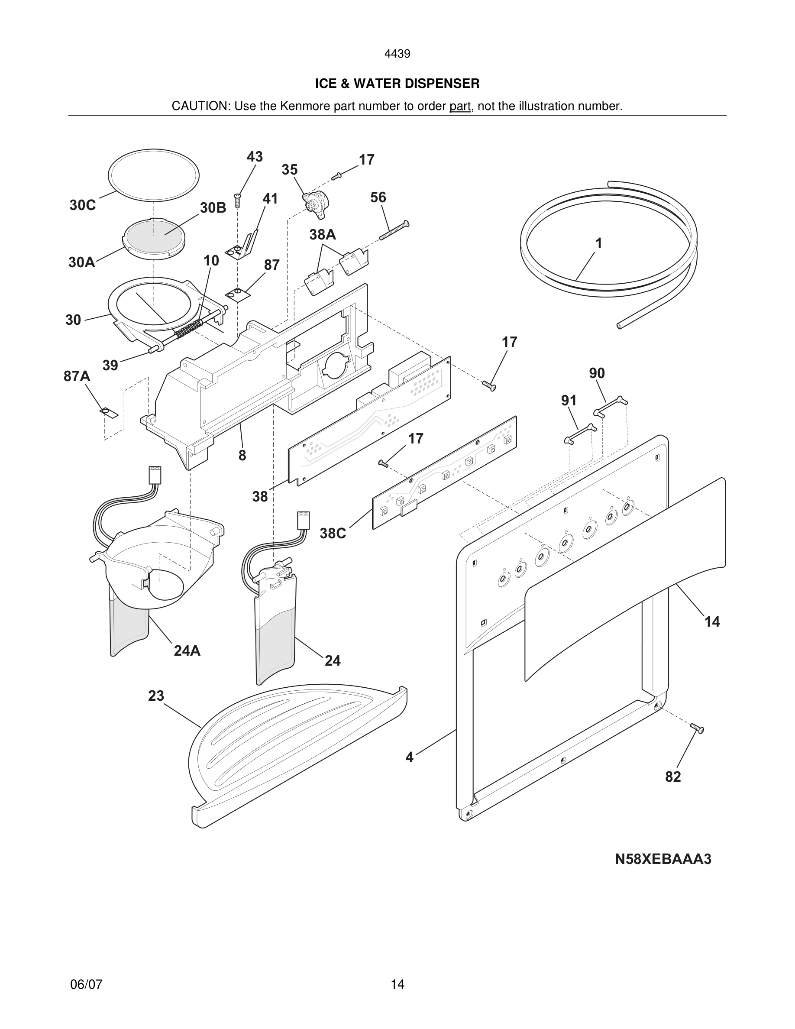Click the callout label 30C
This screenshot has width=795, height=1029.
[82, 205]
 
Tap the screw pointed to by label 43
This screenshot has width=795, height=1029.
[238, 201]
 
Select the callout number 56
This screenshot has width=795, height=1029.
[378, 197]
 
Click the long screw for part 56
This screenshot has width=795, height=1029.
[394, 231]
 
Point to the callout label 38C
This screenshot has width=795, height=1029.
[333, 534]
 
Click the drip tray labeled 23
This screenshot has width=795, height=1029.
[292, 754]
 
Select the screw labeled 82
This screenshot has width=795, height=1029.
[698, 728]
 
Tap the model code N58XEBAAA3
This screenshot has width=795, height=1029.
[662, 859]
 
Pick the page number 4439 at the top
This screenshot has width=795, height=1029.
[397, 54]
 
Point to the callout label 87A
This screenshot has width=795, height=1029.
[77, 376]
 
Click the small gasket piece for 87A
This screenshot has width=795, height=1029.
[109, 413]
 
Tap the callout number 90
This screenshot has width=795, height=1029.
[597, 373]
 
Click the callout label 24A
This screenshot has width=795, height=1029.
[187, 651]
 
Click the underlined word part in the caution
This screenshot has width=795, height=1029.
[460, 107]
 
